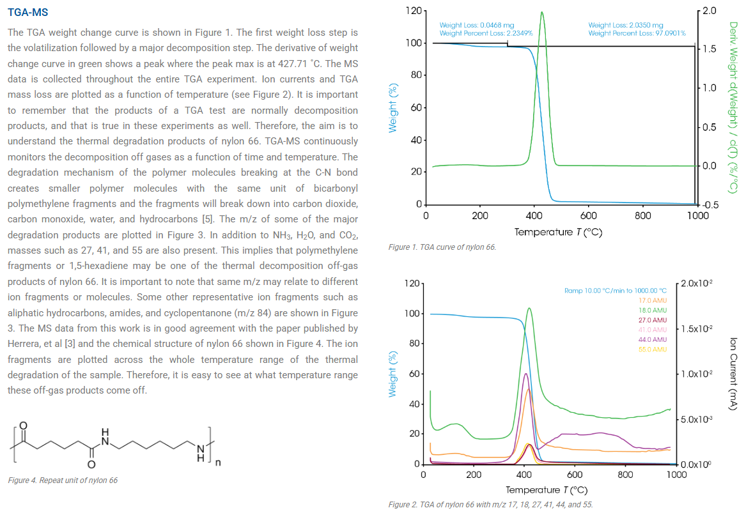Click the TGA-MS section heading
pyautogui.click(x=27, y=12)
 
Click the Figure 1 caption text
pyautogui.click(x=442, y=247)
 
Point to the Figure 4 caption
pyautogui.click(x=63, y=480)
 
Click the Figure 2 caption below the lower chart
pyautogui.click(x=490, y=504)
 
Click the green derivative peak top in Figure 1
pyautogui.click(x=542, y=12)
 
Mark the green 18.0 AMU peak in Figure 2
pyautogui.click(x=529, y=309)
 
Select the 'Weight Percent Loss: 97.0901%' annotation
pyautogui.click(x=637, y=33)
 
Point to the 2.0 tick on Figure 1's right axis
pyautogui.click(x=709, y=11)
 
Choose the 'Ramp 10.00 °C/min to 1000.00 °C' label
pyautogui.click(x=615, y=291)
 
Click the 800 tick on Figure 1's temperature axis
pyautogui.click(x=643, y=216)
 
